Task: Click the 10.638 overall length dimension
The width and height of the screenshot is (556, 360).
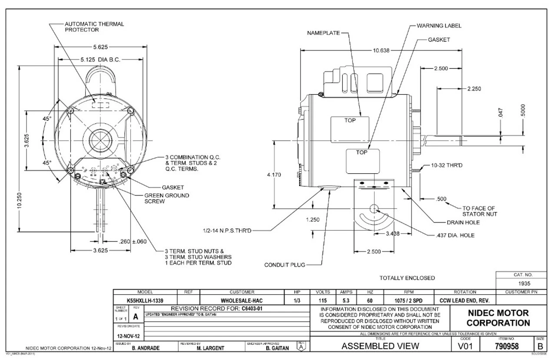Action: pyautogui.click(x=381, y=50)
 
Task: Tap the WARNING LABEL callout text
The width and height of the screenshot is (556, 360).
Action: pyautogui.click(x=439, y=26)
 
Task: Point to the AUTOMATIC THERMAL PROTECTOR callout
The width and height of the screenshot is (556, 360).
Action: pyautogui.click(x=88, y=26)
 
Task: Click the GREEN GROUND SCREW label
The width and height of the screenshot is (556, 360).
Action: pyautogui.click(x=167, y=198)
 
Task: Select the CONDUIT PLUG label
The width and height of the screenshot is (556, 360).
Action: pyautogui.click(x=285, y=264)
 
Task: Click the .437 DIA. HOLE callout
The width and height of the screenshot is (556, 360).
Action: pyautogui.click(x=454, y=235)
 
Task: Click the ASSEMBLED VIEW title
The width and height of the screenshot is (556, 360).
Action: pyautogui.click(x=381, y=346)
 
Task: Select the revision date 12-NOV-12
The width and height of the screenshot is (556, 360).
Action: pyautogui.click(x=128, y=336)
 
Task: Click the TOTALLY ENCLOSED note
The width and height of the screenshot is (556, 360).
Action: pyautogui.click(x=407, y=278)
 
